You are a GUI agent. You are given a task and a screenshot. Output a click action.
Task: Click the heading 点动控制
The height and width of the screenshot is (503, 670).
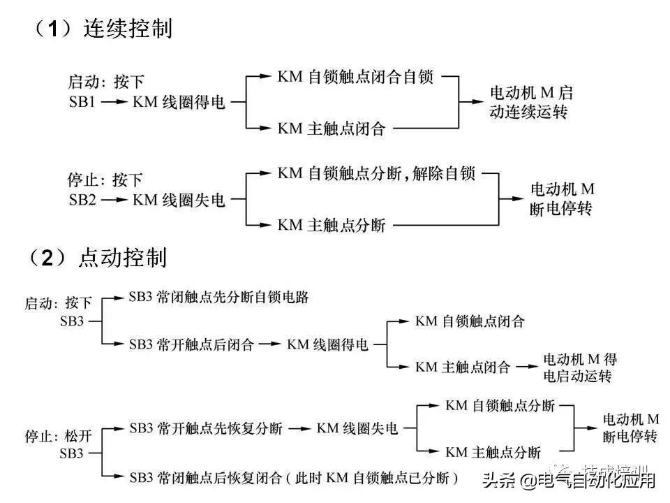[123, 258]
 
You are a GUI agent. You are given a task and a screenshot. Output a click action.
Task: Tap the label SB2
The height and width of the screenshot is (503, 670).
[84, 201]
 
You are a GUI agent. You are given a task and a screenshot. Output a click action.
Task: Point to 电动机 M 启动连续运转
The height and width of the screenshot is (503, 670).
[531, 102]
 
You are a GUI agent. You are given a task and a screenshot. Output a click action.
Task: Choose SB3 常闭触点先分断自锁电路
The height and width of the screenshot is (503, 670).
[218, 297]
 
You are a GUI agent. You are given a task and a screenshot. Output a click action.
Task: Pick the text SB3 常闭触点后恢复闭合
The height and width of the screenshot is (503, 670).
[205, 478]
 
